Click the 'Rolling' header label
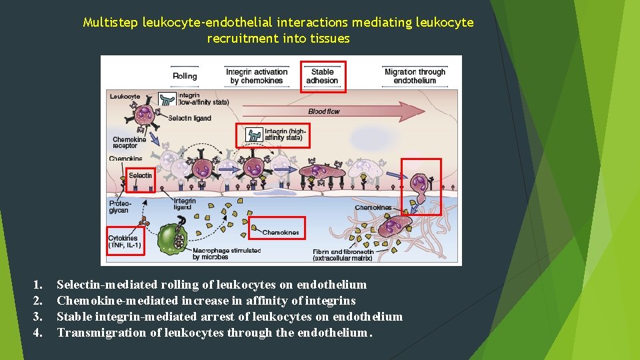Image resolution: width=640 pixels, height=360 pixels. tap(185, 76)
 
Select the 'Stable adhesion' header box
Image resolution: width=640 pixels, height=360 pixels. tap(323, 76)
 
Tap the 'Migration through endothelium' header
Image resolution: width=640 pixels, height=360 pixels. tap(415, 76)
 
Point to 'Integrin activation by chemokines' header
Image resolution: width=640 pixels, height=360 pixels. tap(257, 76)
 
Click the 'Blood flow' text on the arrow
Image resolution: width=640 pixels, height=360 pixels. tap(324, 111)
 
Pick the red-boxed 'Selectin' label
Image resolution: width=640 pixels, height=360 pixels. tap(140, 176)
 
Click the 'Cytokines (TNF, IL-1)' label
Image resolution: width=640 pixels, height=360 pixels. tap(125, 241)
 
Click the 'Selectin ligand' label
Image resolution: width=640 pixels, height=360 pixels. tap(189, 118)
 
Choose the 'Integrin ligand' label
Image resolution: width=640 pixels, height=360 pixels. tap(185, 204)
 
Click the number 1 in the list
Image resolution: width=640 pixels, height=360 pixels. tap(37, 285)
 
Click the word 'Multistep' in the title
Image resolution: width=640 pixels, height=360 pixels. tap(110, 23)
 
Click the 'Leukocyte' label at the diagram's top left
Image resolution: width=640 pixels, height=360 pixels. tap(125, 96)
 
